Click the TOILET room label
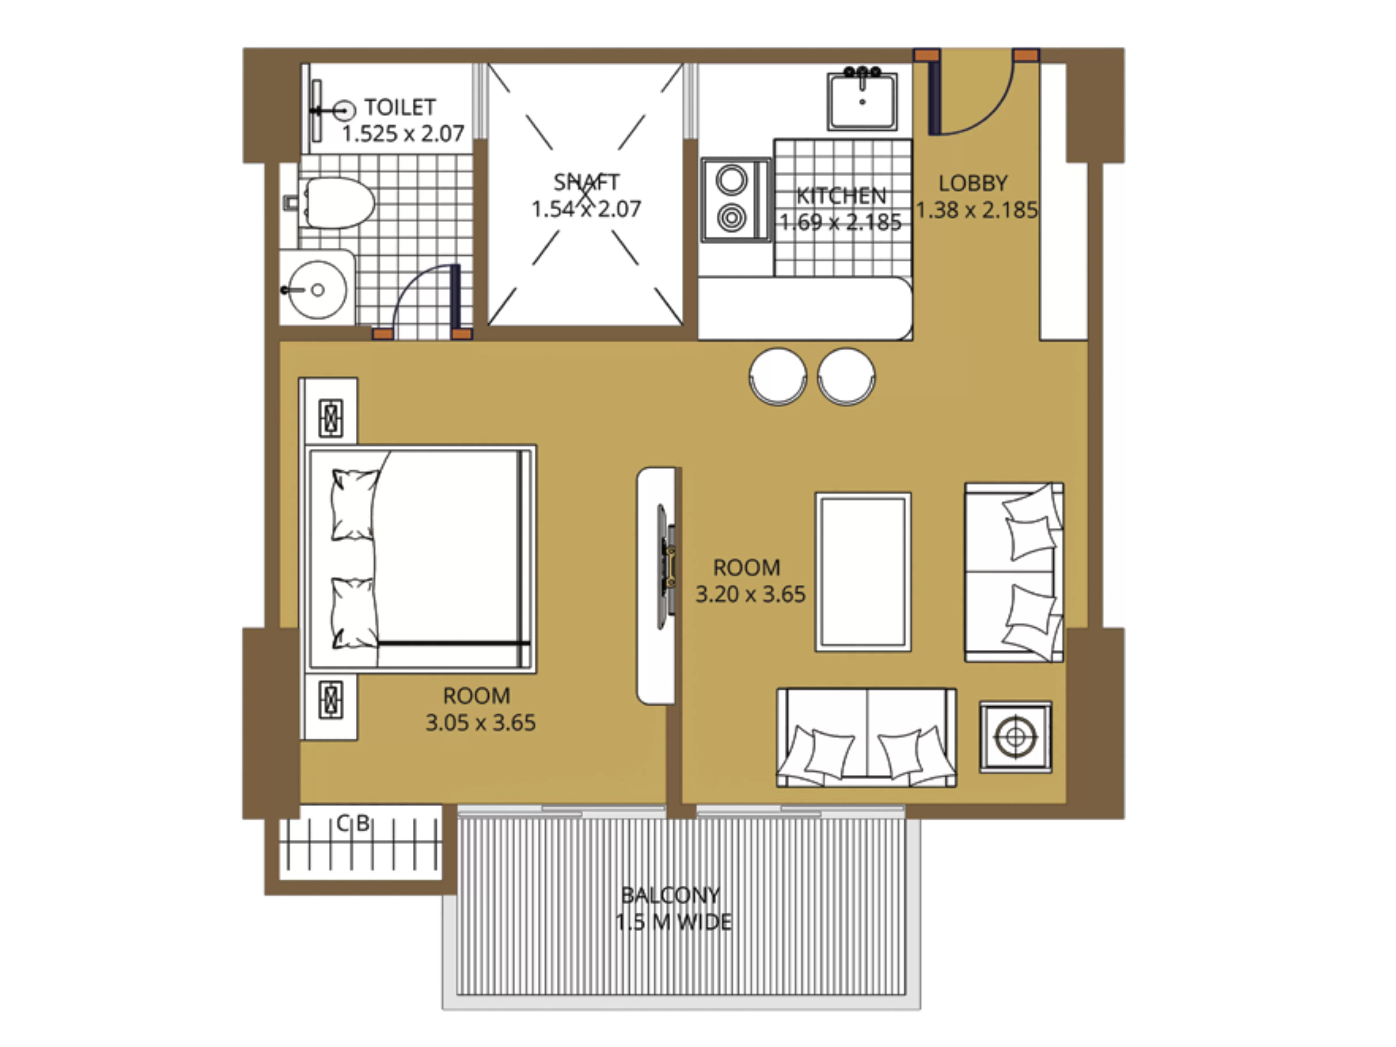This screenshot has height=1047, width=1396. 400,107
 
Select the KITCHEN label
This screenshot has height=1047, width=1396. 841,196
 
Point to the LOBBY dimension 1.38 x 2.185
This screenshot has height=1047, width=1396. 976,210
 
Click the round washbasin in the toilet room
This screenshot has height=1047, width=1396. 318,290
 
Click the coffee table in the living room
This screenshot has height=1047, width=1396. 863,572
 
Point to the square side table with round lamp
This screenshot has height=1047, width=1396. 1016,736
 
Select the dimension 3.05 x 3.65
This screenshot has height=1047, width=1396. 480,723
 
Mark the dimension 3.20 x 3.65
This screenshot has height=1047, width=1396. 750,594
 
